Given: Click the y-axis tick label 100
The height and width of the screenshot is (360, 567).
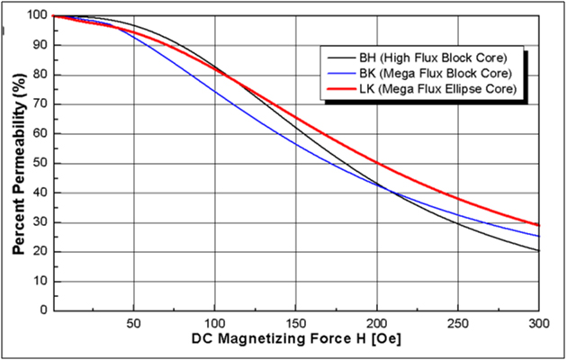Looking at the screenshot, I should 37,16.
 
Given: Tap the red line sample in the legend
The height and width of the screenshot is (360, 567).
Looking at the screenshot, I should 344,89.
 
